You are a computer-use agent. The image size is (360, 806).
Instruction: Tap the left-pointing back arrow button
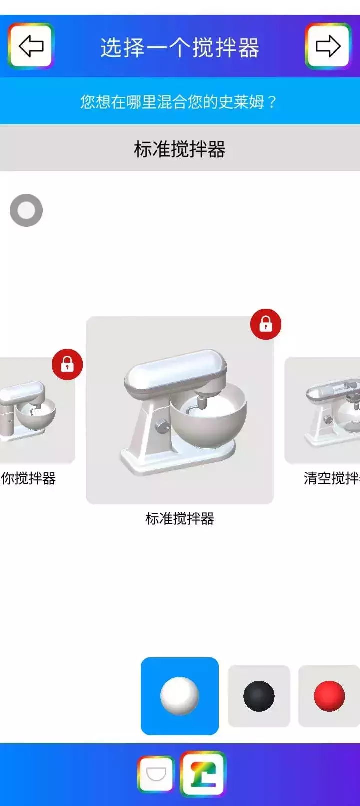tap(30, 45)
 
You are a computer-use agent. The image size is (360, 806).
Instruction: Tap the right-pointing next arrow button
tap(328, 45)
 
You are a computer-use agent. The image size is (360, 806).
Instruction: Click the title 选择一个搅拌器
tap(179, 48)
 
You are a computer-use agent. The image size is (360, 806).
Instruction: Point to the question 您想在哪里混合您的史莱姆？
tap(178, 102)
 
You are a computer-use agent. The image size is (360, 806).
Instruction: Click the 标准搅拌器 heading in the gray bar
tap(179, 149)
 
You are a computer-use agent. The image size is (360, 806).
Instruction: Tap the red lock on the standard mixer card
tap(265, 324)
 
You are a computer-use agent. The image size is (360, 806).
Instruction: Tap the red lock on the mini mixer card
tap(67, 364)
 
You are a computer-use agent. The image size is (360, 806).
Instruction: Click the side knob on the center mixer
tap(162, 426)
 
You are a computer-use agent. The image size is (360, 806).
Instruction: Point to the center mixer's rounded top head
tap(176, 372)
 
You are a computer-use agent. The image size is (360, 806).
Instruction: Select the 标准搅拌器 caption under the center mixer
tap(179, 518)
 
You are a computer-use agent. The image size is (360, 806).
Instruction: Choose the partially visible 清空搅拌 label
tap(331, 478)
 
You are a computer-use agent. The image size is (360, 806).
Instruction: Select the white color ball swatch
tap(179, 695)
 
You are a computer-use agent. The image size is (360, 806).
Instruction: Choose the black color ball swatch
tap(259, 696)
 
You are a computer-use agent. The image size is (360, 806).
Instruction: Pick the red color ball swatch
tap(329, 696)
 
